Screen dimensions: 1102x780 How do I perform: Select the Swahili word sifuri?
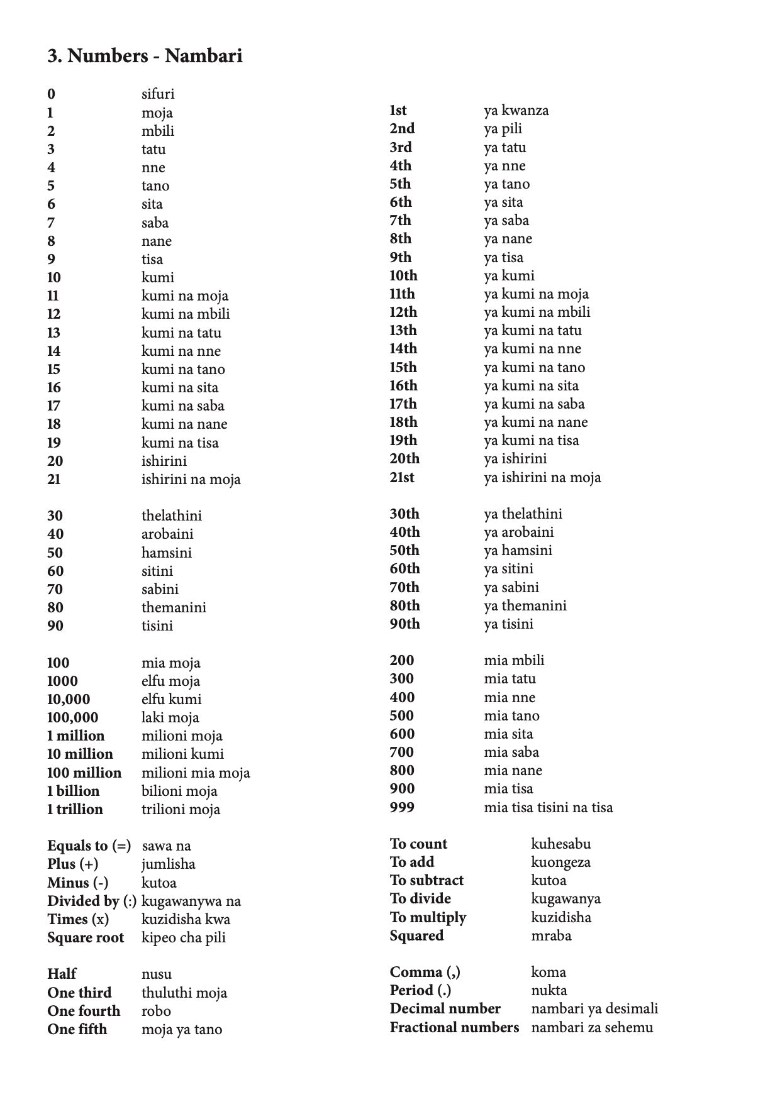(158, 94)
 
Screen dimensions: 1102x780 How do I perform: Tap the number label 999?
(402, 807)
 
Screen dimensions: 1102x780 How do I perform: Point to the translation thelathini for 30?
(172, 515)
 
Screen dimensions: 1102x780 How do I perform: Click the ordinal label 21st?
(402, 477)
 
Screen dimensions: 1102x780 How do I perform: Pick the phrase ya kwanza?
(516, 111)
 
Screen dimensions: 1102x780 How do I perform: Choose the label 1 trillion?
(75, 809)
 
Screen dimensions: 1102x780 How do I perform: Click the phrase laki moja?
(170, 717)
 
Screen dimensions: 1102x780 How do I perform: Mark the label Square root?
(86, 937)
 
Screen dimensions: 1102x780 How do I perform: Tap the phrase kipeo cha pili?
(183, 937)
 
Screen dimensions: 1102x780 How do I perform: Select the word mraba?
(551, 935)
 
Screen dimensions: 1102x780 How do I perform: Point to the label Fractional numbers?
(454, 1027)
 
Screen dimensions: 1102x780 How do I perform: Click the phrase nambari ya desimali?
(594, 1008)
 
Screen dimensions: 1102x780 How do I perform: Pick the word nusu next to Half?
(157, 974)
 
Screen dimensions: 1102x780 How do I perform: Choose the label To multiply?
(428, 917)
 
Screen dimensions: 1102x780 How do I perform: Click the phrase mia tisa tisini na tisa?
(548, 807)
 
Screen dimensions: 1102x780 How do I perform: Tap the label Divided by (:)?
(92, 901)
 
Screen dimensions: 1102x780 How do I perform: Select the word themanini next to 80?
(174, 607)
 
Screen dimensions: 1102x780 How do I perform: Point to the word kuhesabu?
(560, 844)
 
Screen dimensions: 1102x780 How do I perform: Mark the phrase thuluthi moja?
(184, 993)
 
